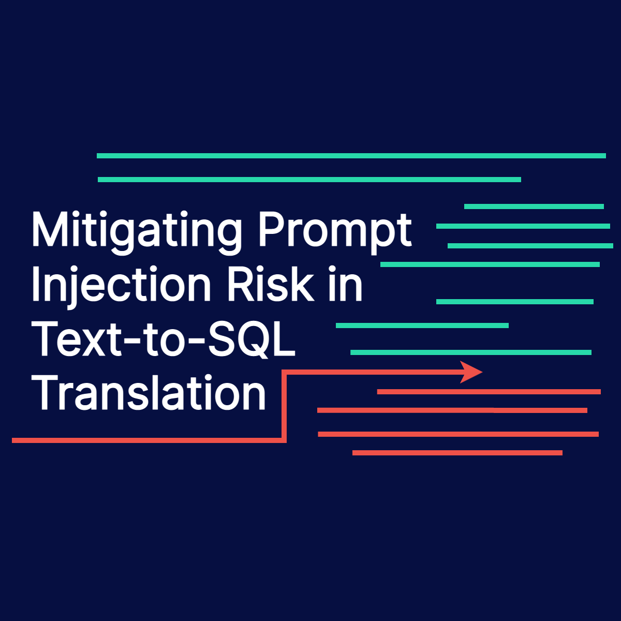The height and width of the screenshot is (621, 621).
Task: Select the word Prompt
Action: pyautogui.click(x=335, y=230)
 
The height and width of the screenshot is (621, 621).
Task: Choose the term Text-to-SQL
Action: pyautogui.click(x=164, y=339)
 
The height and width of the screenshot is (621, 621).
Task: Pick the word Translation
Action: pyautogui.click(x=149, y=393)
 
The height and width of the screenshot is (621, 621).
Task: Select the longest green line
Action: pyautogui.click(x=351, y=156)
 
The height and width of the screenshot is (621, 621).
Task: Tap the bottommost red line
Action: pyautogui.click(x=457, y=453)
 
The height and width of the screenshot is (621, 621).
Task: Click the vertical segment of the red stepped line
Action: pyautogui.click(x=284, y=406)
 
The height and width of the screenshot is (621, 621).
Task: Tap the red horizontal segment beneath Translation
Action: pyautogui.click(x=148, y=440)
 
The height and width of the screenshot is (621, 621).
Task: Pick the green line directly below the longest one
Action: pyautogui.click(x=309, y=180)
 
